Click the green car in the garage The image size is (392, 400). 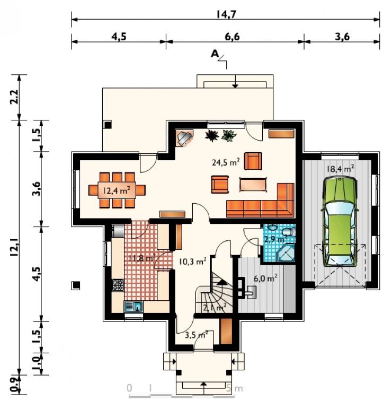coord(340,222)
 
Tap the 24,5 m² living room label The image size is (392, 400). coord(226,162)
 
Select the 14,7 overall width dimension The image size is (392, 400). coord(226,14)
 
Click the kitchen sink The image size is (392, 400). coord(133,306)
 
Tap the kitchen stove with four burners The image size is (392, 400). coord(118,285)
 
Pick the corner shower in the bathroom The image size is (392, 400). coord(286,253)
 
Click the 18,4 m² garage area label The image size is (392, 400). coord(340,169)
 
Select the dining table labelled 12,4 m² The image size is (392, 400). coord(117,190)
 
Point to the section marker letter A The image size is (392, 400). coord(215,54)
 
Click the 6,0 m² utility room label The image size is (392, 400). coord(265,278)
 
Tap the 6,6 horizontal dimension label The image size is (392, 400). coord(232,37)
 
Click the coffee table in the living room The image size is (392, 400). coord(253,184)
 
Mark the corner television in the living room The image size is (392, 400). coord(185,138)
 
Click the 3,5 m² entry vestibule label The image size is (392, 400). coord(197,334)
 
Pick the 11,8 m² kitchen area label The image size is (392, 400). coord(141,258)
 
